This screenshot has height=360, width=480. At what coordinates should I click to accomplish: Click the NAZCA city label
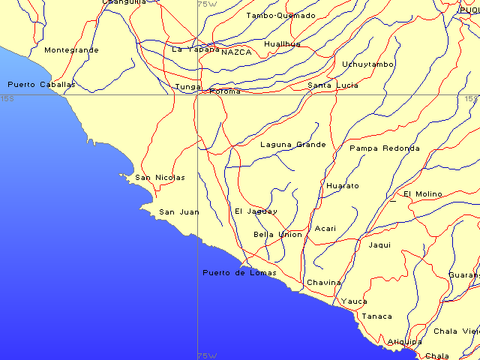click(x=236, y=52)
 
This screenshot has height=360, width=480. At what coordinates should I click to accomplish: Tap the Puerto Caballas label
click(x=41, y=85)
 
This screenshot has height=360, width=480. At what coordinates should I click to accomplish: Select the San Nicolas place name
click(x=160, y=178)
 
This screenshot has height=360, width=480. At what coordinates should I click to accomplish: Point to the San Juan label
click(x=179, y=212)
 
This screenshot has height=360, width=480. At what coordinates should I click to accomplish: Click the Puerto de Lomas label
click(x=239, y=272)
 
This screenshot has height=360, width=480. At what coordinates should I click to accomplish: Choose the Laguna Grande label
click(x=292, y=144)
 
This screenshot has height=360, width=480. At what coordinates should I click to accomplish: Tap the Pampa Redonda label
click(x=385, y=148)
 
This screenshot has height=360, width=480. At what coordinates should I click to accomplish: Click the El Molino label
click(x=423, y=193)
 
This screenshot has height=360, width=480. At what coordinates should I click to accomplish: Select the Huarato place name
click(x=343, y=185)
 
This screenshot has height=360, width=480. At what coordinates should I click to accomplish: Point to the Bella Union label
click(x=277, y=235)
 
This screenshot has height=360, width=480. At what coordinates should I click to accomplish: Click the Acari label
click(x=325, y=229)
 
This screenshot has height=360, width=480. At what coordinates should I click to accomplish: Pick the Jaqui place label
click(x=380, y=244)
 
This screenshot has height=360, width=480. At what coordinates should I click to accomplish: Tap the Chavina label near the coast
click(x=323, y=283)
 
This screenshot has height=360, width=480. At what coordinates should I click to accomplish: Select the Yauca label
click(x=354, y=301)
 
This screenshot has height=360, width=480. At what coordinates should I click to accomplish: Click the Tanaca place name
click(x=376, y=316)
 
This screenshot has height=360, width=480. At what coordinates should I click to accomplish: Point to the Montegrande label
click(x=71, y=50)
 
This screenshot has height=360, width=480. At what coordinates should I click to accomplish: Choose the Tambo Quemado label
click(x=280, y=15)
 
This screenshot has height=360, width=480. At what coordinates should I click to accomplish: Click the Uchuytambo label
click(x=367, y=64)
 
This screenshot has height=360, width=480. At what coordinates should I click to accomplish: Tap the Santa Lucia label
click(x=333, y=85)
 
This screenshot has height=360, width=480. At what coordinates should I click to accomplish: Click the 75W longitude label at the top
click(x=207, y=4)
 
